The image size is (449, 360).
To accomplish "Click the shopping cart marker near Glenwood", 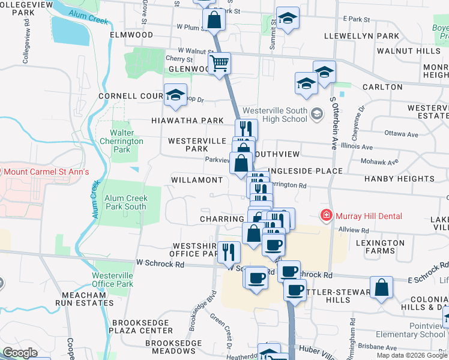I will coord(220,62).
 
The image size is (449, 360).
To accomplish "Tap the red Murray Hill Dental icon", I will coord(326,215).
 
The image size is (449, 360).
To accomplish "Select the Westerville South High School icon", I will coord(316,112).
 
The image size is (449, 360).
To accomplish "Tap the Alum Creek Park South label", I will coord(125,202).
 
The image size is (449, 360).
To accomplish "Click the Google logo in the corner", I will coord(20,353).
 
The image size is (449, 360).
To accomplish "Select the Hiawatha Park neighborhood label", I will coord(187,121).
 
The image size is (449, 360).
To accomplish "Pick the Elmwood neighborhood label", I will coord(131,35).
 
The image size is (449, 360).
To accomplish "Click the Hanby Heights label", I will coord(399,179).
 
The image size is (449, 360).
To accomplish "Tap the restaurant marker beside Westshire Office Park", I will coord(228,251).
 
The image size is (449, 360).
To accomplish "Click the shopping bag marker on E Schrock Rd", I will coord(381,287).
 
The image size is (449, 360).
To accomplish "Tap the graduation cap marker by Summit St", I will coord(288,19).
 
